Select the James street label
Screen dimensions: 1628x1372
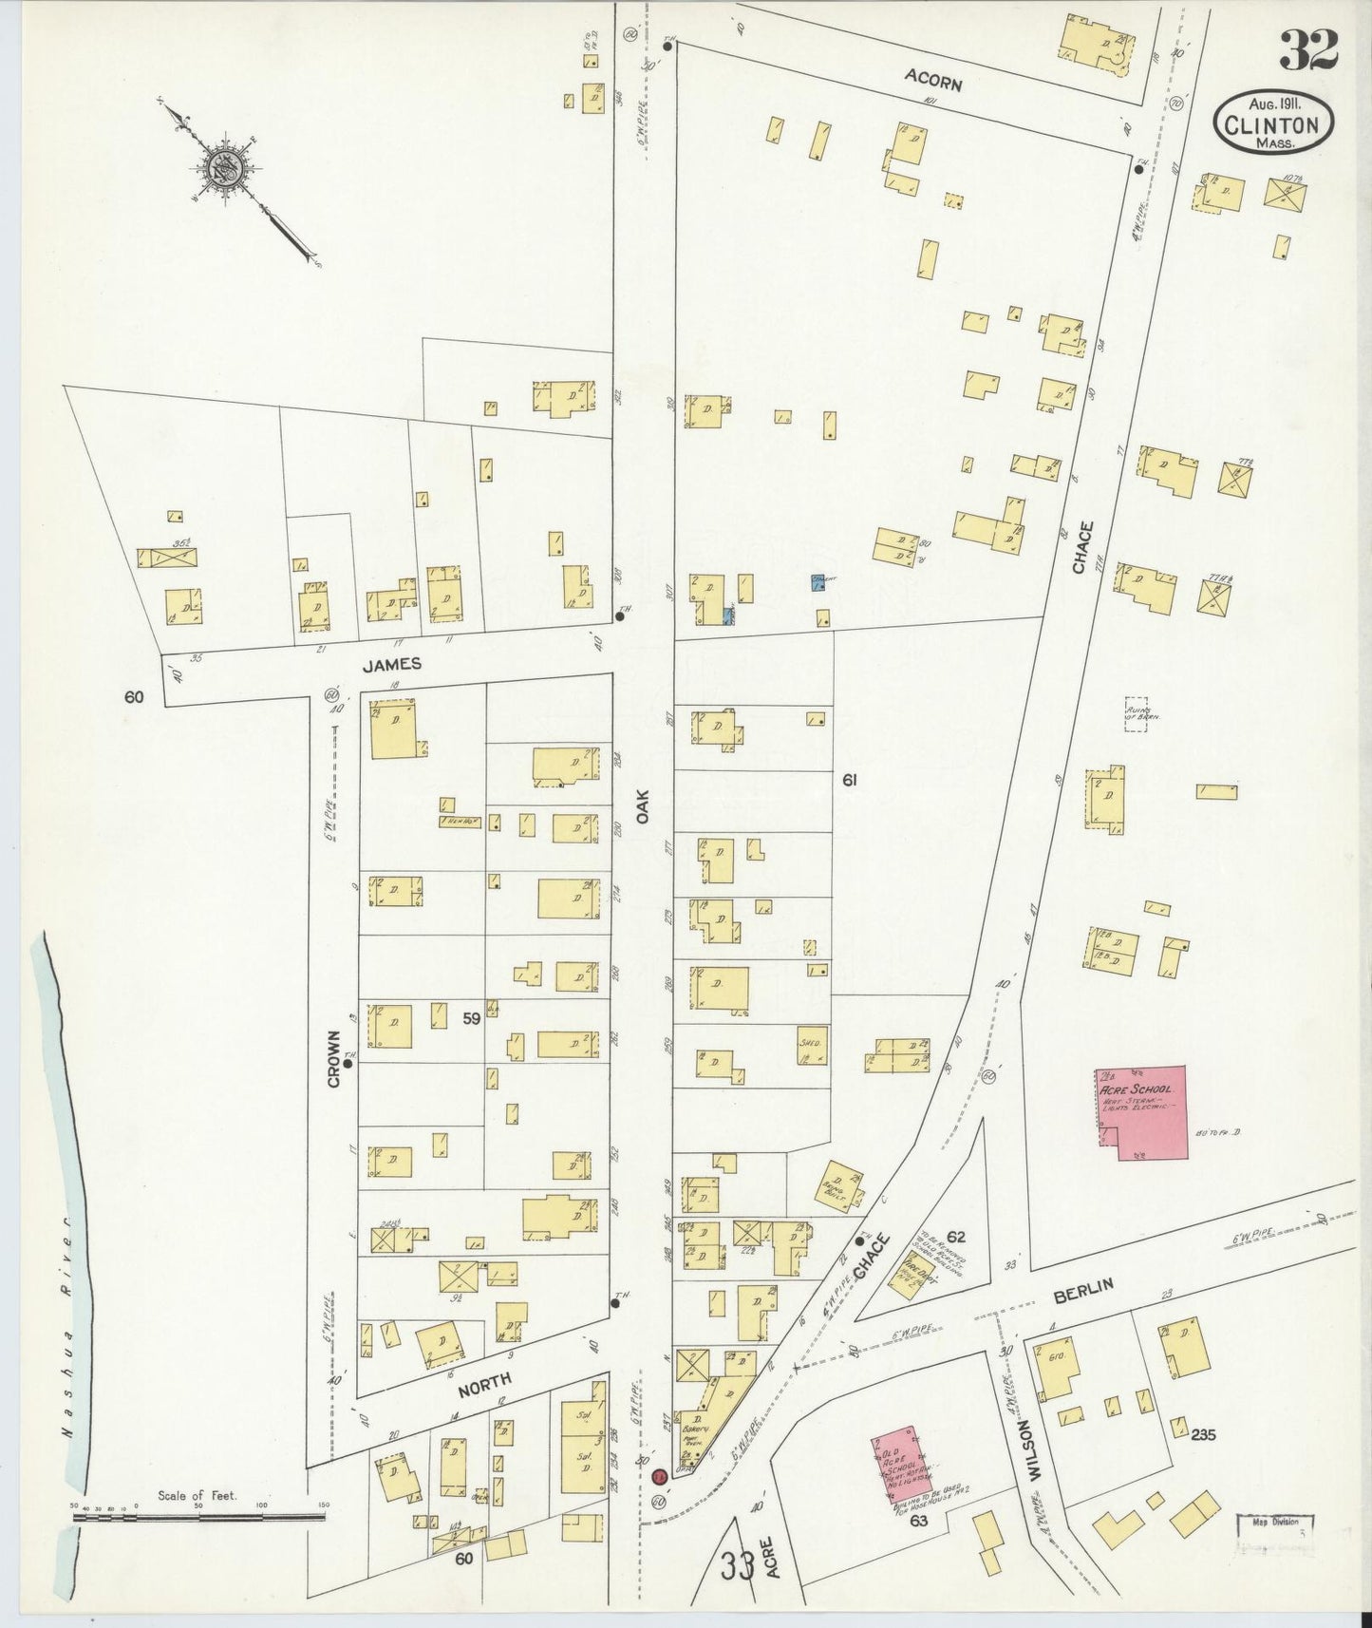tap(391, 665)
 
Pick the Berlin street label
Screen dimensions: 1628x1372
tap(1082, 1290)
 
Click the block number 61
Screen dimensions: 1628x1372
tap(850, 781)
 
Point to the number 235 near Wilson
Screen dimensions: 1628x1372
tap(1203, 1434)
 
